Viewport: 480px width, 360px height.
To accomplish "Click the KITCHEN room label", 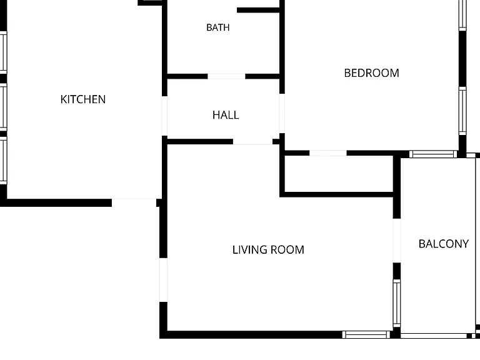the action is point(83,99).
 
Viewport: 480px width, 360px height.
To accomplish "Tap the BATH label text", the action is point(218,27).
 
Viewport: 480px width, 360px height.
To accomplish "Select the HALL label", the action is point(226,115).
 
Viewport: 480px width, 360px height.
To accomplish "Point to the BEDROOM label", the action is point(372,73).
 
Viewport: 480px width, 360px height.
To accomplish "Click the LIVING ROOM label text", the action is point(268,249).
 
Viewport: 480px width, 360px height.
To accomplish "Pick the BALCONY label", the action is point(444,244).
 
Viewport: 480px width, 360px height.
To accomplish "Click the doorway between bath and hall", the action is point(226,76).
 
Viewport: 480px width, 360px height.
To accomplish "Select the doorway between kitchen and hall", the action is point(164,116).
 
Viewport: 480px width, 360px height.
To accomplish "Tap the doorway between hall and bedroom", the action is point(282,113).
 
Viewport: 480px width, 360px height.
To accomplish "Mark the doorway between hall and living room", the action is point(253,141).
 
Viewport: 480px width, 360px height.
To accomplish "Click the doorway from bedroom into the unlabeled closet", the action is point(328,153).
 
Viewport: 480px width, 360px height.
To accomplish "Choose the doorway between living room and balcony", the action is point(397,241).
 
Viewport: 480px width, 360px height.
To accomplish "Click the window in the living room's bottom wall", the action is point(366,334).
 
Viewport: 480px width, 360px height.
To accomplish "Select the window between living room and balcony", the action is point(397,303).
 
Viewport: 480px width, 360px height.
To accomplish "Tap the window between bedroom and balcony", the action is point(433,154).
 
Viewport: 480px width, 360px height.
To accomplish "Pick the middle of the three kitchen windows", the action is point(3,107).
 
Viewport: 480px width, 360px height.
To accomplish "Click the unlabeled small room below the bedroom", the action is point(339,174).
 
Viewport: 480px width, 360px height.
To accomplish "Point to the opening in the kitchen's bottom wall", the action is point(134,202).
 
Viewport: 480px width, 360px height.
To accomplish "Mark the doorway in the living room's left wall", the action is point(164,280).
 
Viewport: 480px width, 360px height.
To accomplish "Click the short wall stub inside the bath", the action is point(258,10).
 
